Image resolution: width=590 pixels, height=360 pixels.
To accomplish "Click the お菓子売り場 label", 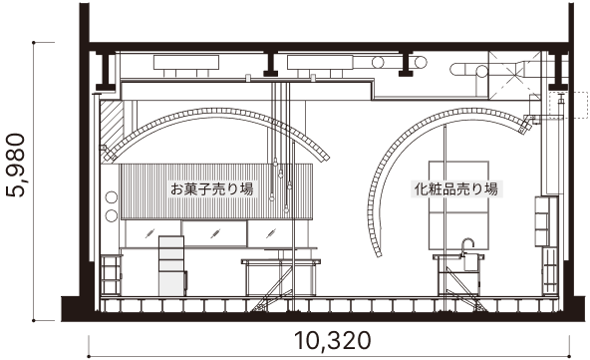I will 211,187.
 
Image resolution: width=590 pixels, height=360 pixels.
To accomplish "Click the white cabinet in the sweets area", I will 172,265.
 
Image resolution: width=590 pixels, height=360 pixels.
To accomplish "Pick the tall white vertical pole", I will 294,224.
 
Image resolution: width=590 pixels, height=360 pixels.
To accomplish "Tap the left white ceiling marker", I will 246,78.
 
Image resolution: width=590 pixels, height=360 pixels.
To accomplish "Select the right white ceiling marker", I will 312,78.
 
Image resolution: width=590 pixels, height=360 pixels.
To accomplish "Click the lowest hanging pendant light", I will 286,208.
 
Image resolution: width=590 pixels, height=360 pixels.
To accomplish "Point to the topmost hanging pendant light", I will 275,161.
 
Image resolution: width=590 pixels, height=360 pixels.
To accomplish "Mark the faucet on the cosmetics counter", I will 465,245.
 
